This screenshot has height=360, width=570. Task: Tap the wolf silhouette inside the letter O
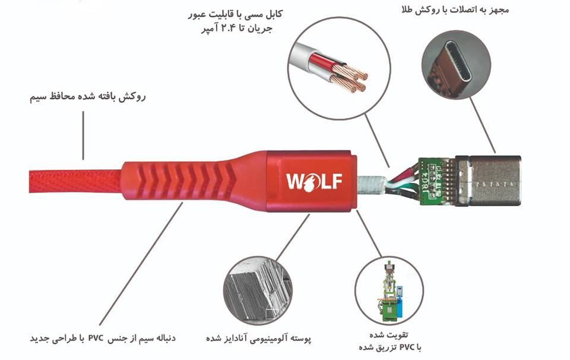(309, 181)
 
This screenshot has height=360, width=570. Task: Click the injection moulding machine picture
(389, 290)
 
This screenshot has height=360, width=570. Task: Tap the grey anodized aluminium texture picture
(258, 290)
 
